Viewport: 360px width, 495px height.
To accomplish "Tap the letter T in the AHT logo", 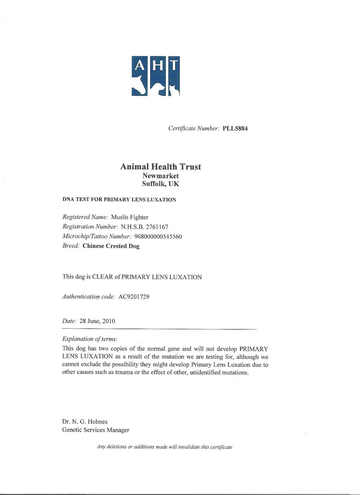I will click(x=174, y=65).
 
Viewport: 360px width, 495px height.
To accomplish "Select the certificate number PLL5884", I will click(x=235, y=129).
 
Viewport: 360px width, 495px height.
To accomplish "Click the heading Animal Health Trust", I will click(x=161, y=167).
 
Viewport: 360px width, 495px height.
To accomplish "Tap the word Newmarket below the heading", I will click(x=161, y=176).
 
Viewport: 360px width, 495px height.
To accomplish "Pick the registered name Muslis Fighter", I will click(x=130, y=217).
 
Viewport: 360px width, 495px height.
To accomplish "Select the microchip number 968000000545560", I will click(x=158, y=237).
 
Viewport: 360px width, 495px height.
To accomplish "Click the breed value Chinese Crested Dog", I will click(x=111, y=246).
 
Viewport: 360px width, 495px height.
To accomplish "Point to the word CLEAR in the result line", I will click(x=102, y=277).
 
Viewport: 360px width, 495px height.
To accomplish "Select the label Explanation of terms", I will click(x=90, y=339).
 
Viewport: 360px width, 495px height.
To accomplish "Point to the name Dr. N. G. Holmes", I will click(x=85, y=422).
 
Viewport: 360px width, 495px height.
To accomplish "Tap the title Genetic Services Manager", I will click(x=96, y=430).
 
